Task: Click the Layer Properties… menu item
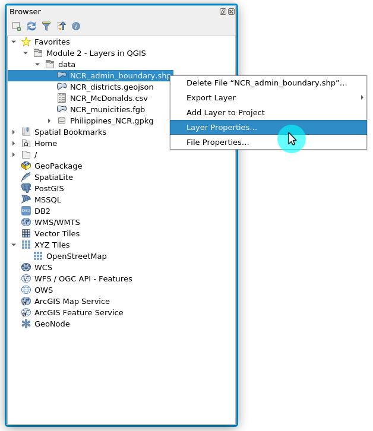pos(222,128)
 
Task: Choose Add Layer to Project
pos(225,113)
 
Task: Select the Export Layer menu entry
pos(211,98)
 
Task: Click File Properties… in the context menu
pos(217,142)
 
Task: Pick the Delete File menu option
pos(266,83)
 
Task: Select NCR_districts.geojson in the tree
pos(112,87)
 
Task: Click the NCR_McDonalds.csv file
pos(109,99)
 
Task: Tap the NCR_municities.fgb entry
pos(108,110)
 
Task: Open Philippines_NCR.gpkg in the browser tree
pos(112,121)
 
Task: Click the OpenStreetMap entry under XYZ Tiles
pos(76,256)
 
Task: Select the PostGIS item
pos(49,189)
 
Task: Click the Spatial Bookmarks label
pos(70,132)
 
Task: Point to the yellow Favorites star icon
pos(26,42)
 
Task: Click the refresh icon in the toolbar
pos(31,26)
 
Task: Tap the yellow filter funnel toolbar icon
pos(46,26)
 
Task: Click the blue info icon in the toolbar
pos(76,26)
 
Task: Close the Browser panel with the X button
pos(231,11)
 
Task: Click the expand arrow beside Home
pos(14,144)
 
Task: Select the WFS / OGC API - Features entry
pos(83,279)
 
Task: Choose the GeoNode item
pos(52,324)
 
